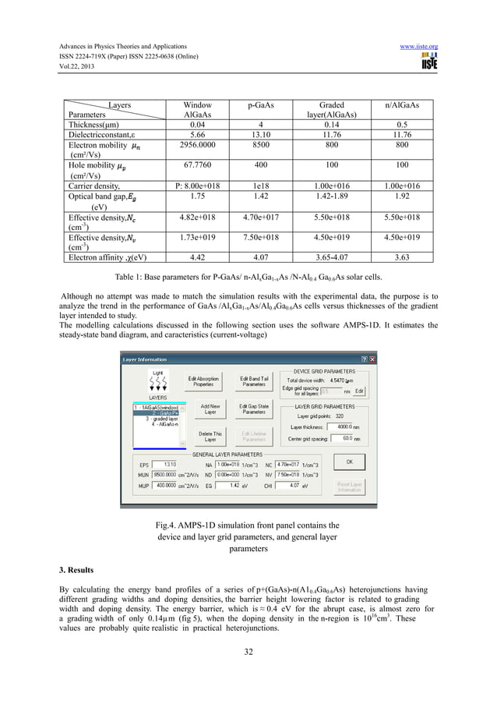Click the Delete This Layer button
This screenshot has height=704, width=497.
[x=206, y=436]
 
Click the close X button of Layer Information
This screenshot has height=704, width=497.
[x=372, y=359]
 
